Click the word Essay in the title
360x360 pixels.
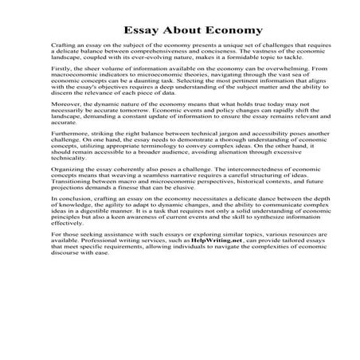click(128, 30)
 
